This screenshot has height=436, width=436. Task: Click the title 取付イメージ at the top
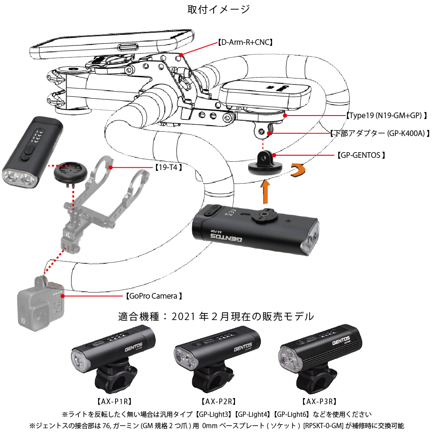tap(218, 9)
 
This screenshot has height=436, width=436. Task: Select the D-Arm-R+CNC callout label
tap(245, 43)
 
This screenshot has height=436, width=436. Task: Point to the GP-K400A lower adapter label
tap(379, 133)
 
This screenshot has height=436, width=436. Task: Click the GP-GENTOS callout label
tap(361, 155)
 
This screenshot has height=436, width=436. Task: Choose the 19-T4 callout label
tap(168, 167)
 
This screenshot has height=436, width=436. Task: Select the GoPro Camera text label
tap(153, 296)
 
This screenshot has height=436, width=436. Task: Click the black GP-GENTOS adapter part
tap(262, 163)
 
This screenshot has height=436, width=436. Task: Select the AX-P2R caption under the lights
tap(218, 400)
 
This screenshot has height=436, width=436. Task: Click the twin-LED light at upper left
tap(34, 153)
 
